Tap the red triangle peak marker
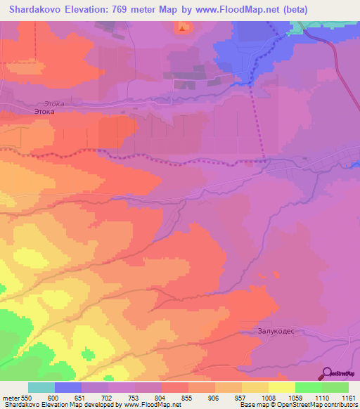click(184, 27)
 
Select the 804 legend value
click(162, 398)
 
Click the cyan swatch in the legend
click(41, 387)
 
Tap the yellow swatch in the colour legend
click(281, 387)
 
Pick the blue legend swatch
click(68, 387)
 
